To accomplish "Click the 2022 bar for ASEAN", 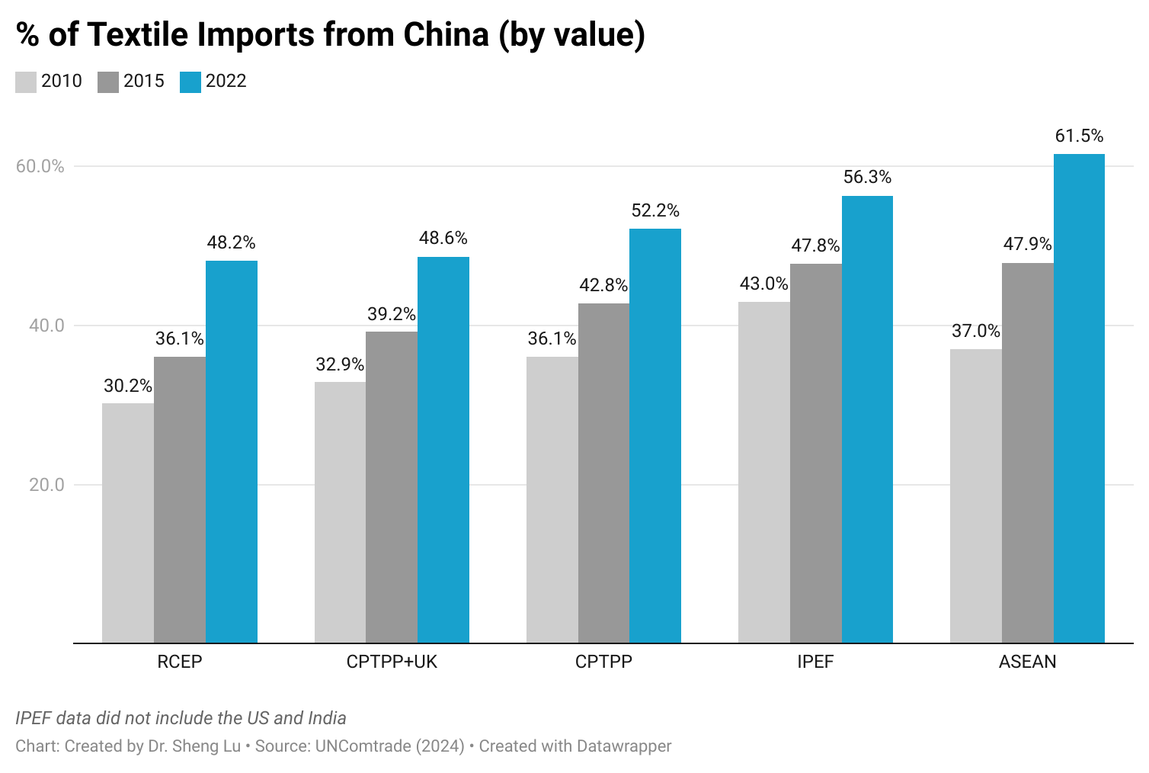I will point(1079,398).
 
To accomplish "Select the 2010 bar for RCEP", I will point(128,523).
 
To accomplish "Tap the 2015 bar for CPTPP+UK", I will point(392,487).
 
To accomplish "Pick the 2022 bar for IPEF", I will point(867,419).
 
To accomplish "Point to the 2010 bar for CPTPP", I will point(552,499).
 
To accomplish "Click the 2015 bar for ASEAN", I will point(1027,453).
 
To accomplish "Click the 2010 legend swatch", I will point(26,82).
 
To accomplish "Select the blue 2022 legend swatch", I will point(190,82).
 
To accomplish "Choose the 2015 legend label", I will point(143,81).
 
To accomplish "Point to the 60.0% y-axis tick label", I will point(40,166).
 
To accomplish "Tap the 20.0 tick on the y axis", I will point(46,485).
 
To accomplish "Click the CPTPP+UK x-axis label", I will point(392,662).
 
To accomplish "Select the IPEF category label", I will point(815,662).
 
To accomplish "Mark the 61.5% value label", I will point(1079,136).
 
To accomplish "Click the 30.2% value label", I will point(128,386).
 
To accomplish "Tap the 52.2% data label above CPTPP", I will point(655,210).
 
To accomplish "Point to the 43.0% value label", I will point(763,284).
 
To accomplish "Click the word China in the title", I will point(446,34).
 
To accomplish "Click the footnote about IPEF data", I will point(181,718).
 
